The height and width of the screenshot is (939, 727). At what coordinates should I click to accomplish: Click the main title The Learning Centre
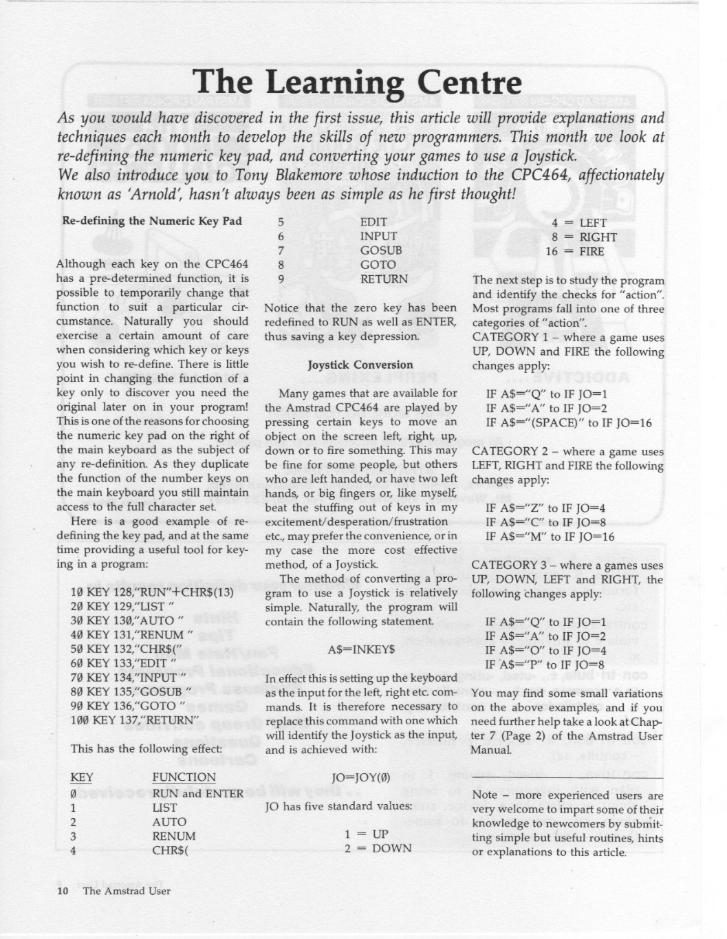coord(357,83)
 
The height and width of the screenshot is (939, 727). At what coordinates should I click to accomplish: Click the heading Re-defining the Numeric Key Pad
coord(152,221)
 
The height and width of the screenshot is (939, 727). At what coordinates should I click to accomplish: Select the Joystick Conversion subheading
coord(360,365)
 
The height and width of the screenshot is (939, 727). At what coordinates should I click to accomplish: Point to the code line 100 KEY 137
coord(134,720)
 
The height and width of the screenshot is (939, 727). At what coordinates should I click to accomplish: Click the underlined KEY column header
coord(81,777)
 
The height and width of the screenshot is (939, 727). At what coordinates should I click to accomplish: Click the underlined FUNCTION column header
coord(184,777)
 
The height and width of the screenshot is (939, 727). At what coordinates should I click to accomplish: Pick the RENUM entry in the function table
coord(173,836)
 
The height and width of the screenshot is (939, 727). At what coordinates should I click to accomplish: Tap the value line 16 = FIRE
coord(574,251)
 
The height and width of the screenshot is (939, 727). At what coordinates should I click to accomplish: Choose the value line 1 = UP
coord(367,834)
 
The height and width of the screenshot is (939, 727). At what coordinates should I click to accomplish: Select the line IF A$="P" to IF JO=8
coord(545,665)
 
